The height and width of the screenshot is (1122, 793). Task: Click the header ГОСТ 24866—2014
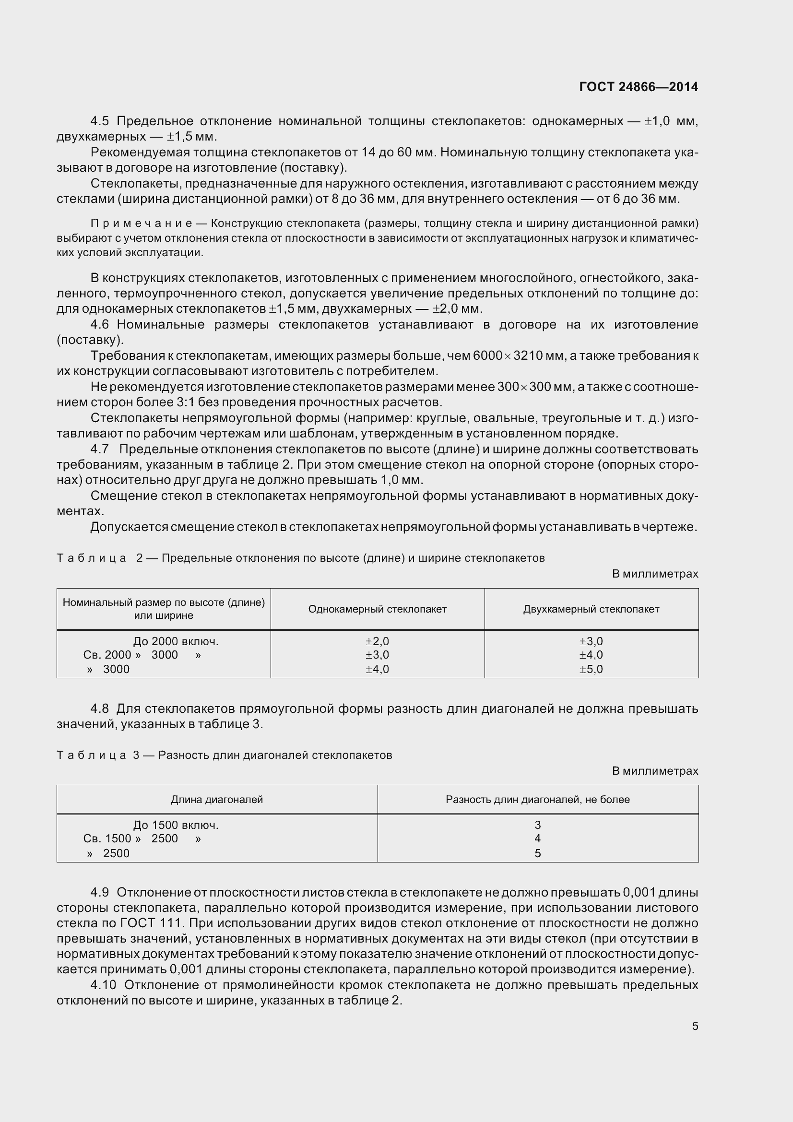coord(638,87)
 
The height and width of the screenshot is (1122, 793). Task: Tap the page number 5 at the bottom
coord(695,1026)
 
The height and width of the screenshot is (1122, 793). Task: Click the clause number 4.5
coord(100,121)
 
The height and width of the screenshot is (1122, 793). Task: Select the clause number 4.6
coord(100,324)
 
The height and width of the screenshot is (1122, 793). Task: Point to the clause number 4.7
coord(100,449)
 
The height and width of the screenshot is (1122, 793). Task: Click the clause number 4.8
coord(100,709)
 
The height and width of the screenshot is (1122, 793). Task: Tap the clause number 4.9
coord(100,892)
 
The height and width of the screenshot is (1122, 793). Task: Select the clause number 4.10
coord(103,985)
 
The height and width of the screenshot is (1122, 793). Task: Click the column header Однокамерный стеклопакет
coord(377,609)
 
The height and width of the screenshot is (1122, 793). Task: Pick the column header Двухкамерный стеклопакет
coord(591,609)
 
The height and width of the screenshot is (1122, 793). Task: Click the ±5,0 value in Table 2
coord(591,670)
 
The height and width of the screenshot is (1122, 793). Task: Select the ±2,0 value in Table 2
coord(377,642)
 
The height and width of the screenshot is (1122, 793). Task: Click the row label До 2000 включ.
coord(176,642)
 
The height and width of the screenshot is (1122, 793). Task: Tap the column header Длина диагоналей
coord(217,800)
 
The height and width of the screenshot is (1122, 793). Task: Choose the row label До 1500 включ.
coord(176,826)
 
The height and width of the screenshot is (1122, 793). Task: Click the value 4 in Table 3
coord(537,839)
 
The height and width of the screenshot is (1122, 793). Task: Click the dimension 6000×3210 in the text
coord(508,356)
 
